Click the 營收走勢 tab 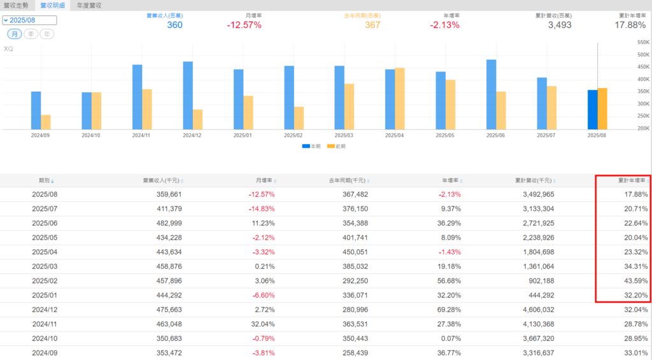click(16, 5)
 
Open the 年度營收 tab click(89, 5)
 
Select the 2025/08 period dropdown click(29, 20)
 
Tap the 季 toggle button click(31, 34)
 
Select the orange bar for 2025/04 click(400, 99)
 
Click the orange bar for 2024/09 click(46, 122)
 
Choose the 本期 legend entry click(311, 147)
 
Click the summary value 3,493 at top click(559, 25)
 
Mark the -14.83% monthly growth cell click(261, 209)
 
